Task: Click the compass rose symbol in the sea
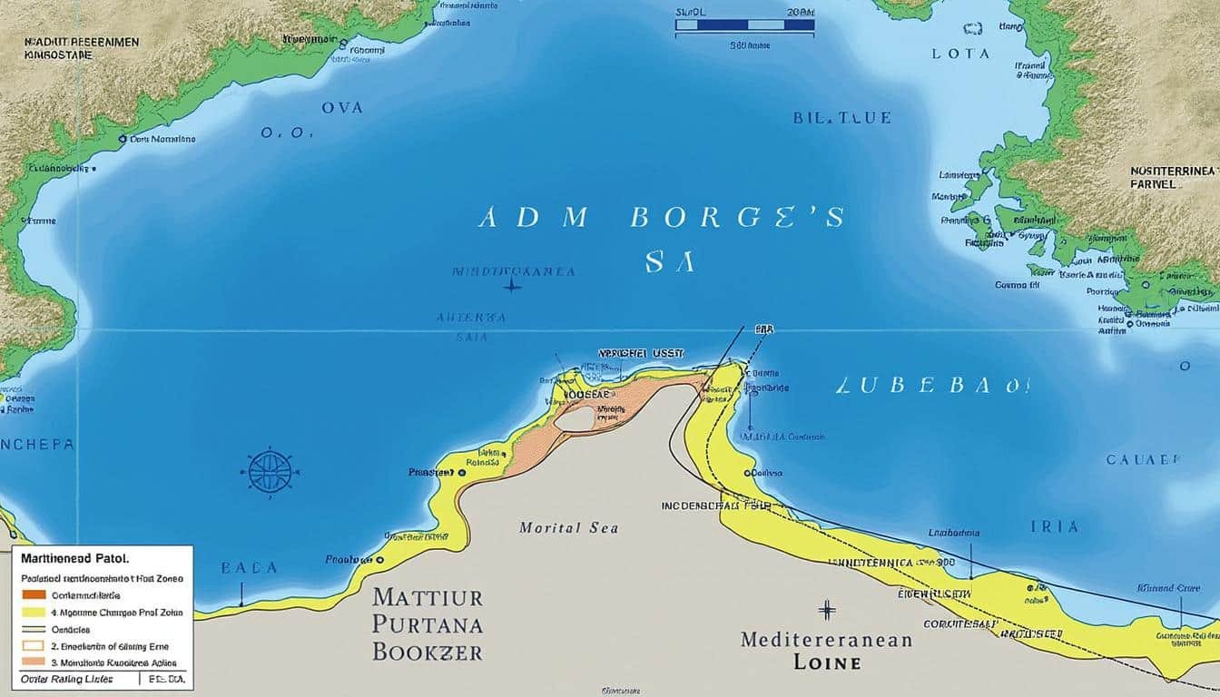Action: point(271,472)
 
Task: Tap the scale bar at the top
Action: point(744,25)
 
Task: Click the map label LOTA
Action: point(960,54)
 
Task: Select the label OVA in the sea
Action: point(341,107)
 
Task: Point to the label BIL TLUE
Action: point(841,118)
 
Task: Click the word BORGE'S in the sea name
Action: point(735,218)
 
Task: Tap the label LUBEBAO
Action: point(932,385)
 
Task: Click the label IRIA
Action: point(1055,526)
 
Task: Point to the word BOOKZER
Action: point(427,652)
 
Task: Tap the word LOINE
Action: point(826,663)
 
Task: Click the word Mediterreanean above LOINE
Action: point(826,639)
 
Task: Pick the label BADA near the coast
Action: point(248,568)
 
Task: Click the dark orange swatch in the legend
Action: point(34,595)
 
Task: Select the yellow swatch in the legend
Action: point(34,613)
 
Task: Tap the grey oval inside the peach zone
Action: point(575,419)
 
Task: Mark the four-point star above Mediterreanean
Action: point(826,609)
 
